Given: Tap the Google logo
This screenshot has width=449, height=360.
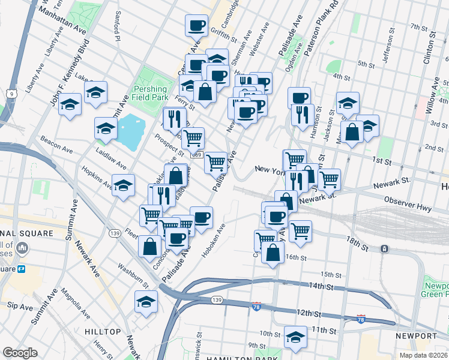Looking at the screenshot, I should [20, 353].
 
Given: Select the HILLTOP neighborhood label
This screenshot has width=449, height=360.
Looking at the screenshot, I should [103, 332].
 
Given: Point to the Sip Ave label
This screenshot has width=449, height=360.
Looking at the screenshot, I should [19, 307].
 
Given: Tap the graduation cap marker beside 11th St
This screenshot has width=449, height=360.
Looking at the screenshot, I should [295, 337].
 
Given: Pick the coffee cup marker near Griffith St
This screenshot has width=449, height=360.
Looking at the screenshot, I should [196, 25].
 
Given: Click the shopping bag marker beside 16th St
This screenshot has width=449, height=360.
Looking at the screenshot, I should [273, 252].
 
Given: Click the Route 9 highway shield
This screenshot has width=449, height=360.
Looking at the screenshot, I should [11, 94].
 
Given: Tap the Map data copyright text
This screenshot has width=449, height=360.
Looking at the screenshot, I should [424, 355].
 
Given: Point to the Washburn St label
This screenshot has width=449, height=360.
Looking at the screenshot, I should [133, 272].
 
